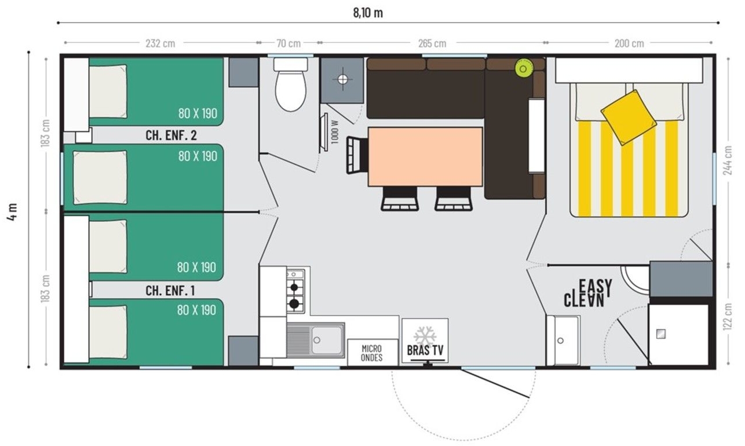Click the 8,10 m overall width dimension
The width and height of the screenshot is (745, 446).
(368, 13)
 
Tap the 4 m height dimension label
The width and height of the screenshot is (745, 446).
(12, 211)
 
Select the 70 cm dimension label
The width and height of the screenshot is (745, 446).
(288, 43)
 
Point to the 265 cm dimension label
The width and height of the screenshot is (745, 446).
(432, 43)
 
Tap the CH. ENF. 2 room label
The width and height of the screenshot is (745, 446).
(171, 135)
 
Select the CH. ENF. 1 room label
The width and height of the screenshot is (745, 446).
(170, 290)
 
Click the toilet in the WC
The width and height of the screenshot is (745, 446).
(290, 84)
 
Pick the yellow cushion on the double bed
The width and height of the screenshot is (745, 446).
(629, 118)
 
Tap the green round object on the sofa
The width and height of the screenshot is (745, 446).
(524, 69)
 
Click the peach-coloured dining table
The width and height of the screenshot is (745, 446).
(425, 156)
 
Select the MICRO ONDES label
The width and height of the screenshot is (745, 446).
(371, 353)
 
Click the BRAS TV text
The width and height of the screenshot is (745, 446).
(425, 350)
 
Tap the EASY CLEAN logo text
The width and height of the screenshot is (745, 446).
(587, 293)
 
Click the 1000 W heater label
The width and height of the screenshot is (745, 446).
(335, 132)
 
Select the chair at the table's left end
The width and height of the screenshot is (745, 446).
(357, 155)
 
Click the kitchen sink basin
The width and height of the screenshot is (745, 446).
(326, 339)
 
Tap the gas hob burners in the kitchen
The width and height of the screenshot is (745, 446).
(295, 290)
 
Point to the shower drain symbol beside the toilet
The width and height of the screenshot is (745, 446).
(342, 79)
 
